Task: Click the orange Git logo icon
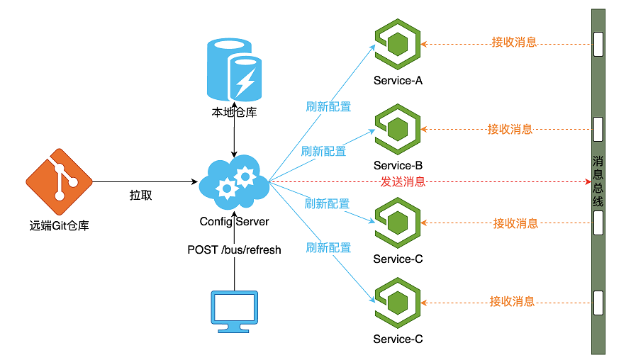59,182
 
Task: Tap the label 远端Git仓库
59,226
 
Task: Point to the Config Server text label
234,222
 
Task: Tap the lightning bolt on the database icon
245,81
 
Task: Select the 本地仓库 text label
234,112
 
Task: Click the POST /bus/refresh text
234,249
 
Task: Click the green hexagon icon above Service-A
398,43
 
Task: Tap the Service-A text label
398,80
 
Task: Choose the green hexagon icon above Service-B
398,129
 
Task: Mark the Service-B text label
398,166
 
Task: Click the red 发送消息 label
403,181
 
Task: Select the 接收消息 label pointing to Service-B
510,129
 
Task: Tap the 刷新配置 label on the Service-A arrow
328,106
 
